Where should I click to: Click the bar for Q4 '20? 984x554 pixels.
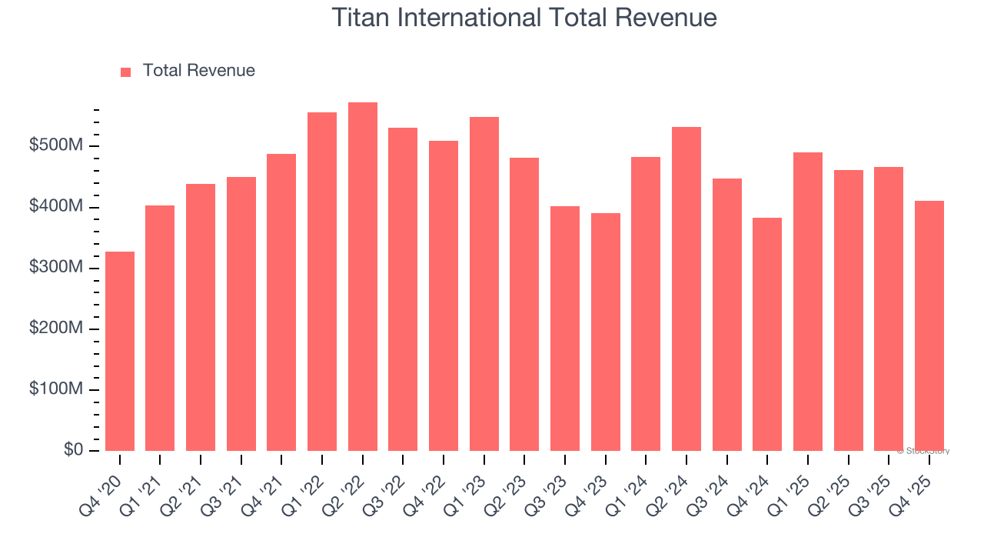(120, 351)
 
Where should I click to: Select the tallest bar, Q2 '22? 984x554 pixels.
(363, 276)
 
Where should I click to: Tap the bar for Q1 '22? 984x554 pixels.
(322, 282)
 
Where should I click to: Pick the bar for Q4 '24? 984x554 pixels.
(767, 334)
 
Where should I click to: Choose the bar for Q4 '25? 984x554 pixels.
(929, 325)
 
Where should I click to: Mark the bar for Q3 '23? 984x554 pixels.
(565, 329)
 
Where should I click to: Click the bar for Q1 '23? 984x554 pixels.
(484, 284)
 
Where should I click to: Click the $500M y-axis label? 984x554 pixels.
(57, 146)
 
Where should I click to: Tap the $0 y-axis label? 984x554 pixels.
(73, 450)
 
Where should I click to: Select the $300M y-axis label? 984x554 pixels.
(57, 268)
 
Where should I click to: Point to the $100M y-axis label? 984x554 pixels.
(57, 389)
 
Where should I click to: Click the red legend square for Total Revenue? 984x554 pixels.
(126, 72)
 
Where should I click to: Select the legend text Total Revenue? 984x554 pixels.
(198, 71)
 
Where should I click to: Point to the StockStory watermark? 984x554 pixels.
(923, 451)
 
